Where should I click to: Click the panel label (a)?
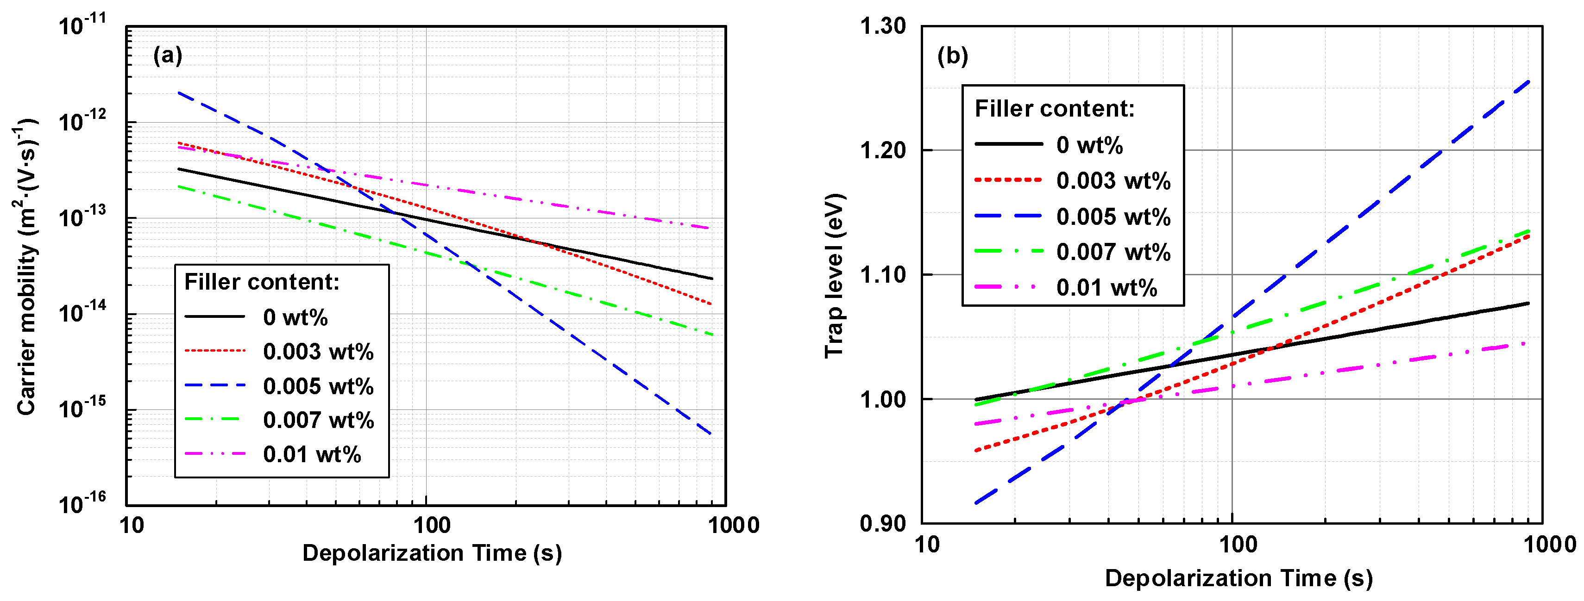coord(167,56)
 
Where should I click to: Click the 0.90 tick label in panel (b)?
coord(882,524)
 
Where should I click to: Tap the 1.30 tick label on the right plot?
coord(882,26)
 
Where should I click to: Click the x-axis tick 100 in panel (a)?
coord(431,526)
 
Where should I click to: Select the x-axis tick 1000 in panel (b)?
coord(1549,545)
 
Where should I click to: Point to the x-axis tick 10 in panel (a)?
coord(131,526)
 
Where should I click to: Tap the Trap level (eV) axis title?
coord(835,275)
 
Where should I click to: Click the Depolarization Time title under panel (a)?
coord(432,553)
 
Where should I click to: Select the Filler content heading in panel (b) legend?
coord(1054,109)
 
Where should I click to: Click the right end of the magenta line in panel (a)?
coord(712,229)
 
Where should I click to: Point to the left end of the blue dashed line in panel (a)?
coord(178,93)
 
